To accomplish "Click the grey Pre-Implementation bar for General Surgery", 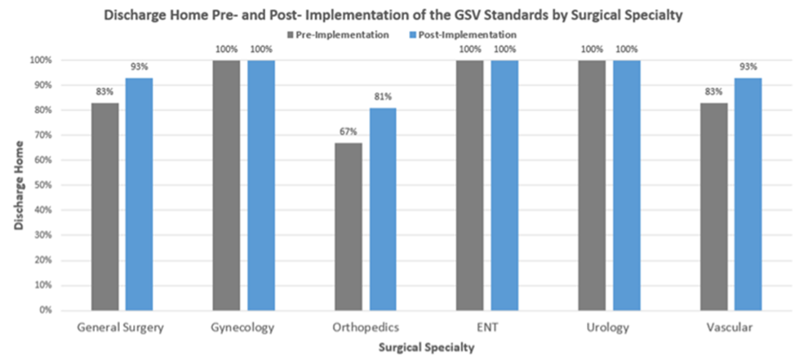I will click(x=105, y=207).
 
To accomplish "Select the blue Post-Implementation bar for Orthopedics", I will click(x=382, y=209).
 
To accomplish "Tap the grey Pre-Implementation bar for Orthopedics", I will click(x=348, y=226).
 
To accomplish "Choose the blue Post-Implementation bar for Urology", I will click(x=627, y=185).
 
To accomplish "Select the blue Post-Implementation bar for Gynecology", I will click(x=261, y=185).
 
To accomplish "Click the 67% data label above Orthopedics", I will click(x=348, y=131).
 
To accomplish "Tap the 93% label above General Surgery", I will click(x=139, y=67).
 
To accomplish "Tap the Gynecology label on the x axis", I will click(x=243, y=327).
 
